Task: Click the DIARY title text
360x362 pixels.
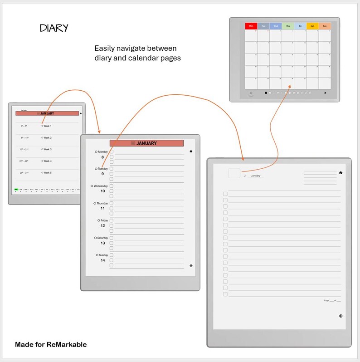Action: (54, 28)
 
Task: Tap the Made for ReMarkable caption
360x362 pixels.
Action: (51, 344)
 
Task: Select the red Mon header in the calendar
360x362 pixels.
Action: (251, 26)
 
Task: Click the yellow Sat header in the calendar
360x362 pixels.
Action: (312, 26)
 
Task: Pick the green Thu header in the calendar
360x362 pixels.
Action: (288, 26)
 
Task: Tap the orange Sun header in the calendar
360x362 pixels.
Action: (325, 26)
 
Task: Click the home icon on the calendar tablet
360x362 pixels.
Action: (325, 93)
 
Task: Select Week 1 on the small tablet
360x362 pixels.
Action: (48, 126)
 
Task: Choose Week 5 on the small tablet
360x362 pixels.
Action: (48, 173)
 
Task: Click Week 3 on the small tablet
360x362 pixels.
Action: (48, 149)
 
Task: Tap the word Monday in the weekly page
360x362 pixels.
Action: (103, 152)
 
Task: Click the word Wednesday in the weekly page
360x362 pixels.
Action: (101, 186)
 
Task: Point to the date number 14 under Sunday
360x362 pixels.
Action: (103, 260)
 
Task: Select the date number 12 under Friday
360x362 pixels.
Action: (103, 226)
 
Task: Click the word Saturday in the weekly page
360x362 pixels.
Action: (102, 238)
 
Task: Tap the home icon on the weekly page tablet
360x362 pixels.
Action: (191, 151)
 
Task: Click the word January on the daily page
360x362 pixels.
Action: (256, 176)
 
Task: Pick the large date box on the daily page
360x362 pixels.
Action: (234, 173)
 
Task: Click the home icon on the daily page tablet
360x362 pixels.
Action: (341, 172)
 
